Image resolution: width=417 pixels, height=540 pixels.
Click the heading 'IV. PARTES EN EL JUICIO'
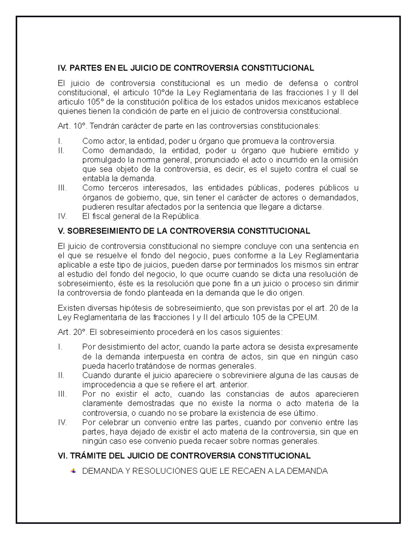click(186, 68)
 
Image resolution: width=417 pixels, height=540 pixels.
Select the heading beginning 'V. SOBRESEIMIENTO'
click(184, 231)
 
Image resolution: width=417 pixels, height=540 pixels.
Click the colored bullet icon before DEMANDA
click(73, 471)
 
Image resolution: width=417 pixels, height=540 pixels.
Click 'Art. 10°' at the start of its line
click(71, 126)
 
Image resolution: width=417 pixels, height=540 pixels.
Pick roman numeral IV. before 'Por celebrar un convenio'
click(62, 423)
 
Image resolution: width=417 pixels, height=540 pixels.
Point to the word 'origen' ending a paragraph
click(293, 293)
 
